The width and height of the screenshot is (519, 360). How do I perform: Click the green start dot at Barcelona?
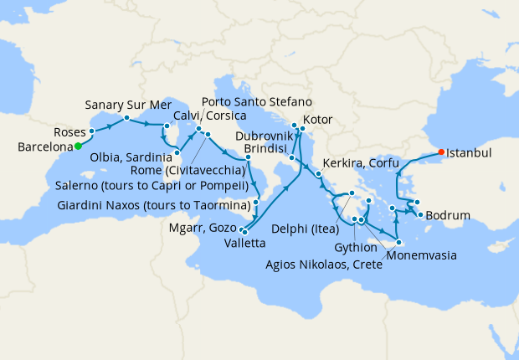tap(78, 146)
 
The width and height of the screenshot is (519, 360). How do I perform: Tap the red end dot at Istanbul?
tap(440, 152)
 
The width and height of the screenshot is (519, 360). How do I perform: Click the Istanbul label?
tap(469, 153)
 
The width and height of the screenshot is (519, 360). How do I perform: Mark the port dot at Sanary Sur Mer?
tap(126, 118)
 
